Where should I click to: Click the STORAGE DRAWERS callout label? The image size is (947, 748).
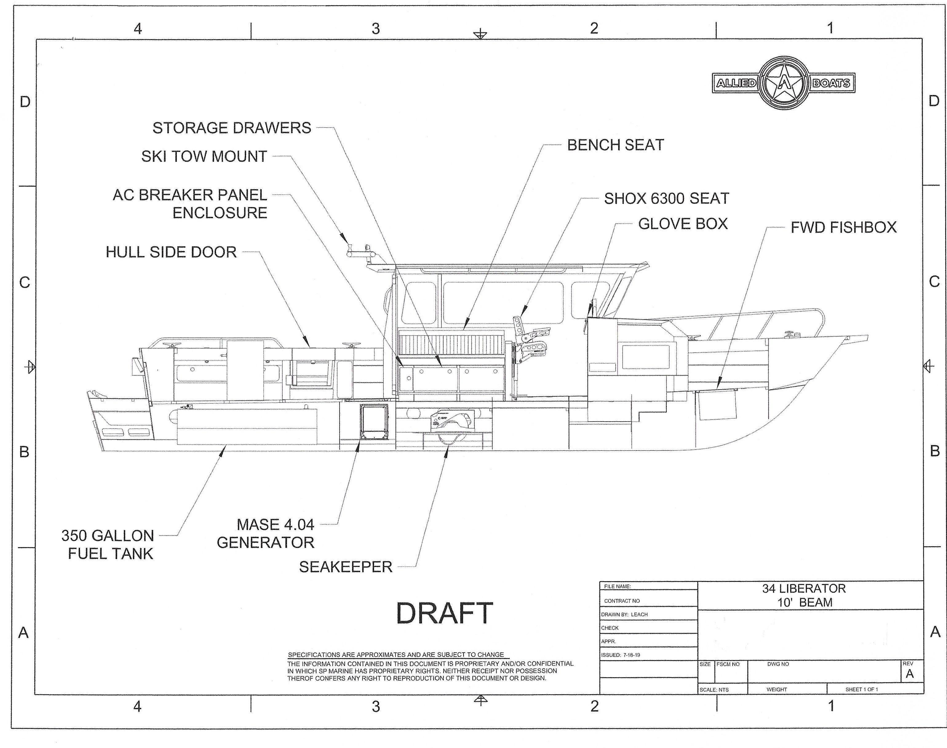pos(232,128)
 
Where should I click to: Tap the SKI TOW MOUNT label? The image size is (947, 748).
pos(204,156)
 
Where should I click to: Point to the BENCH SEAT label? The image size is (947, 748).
pos(615,145)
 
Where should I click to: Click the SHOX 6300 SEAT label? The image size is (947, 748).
pos(666,198)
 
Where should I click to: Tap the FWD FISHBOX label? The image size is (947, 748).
pos(843,227)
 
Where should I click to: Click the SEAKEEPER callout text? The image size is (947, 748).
pos(345,567)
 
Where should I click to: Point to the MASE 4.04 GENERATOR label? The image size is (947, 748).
pos(266,534)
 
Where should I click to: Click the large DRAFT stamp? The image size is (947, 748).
pos(444,613)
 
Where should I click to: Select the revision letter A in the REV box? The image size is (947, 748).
pos(909,674)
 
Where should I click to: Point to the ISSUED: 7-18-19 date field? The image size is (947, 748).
pos(621,655)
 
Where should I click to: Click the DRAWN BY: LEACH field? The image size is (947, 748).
pos(624,614)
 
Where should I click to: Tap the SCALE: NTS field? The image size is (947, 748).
pos(714,690)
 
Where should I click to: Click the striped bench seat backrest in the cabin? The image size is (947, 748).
pos(452,344)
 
